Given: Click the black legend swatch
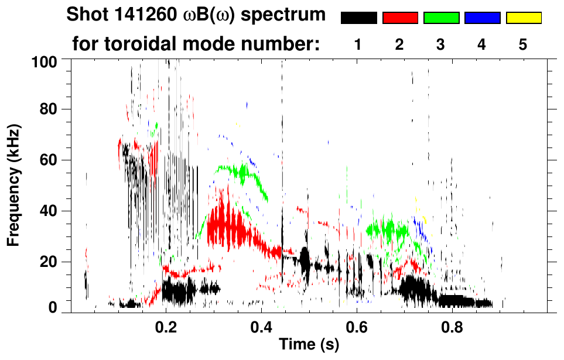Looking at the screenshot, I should pyautogui.click(x=358, y=18).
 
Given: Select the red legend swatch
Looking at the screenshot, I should pyautogui.click(x=400, y=18).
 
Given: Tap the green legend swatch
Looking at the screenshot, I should pyautogui.click(x=441, y=18).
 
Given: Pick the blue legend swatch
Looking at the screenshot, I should pyautogui.click(x=482, y=18).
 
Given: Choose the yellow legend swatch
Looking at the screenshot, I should pyautogui.click(x=523, y=18).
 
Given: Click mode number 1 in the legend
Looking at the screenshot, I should pyautogui.click(x=358, y=44).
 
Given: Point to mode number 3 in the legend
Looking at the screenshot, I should pyautogui.click(x=441, y=44).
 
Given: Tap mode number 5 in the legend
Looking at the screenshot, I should pyautogui.click(x=523, y=44).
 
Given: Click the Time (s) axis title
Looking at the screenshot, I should pyautogui.click(x=309, y=345).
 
